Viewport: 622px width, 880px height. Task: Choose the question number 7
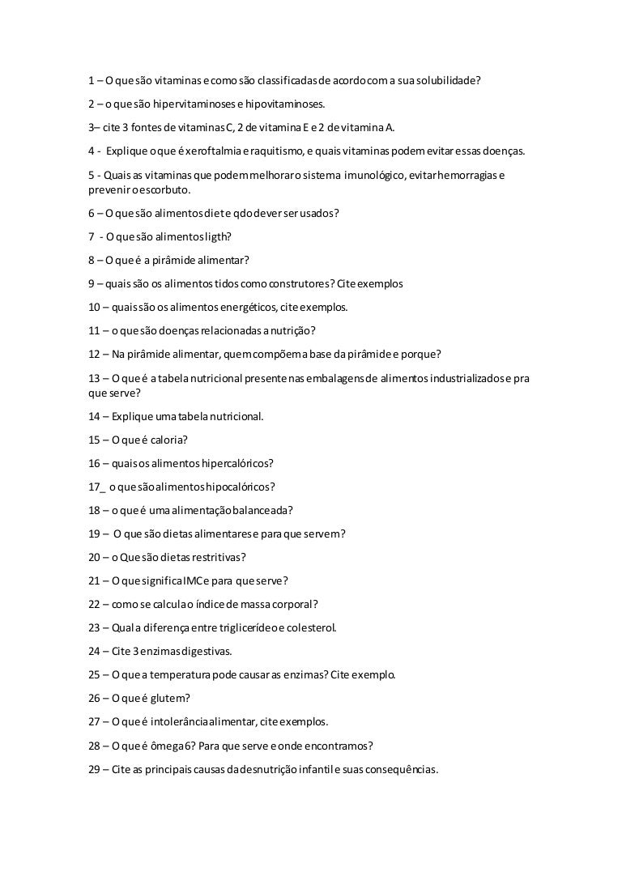[x=92, y=237]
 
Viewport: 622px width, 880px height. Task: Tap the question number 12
[x=94, y=353]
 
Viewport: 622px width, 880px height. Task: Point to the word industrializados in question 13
[x=469, y=377]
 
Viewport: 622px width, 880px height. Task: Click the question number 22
[x=94, y=603]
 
